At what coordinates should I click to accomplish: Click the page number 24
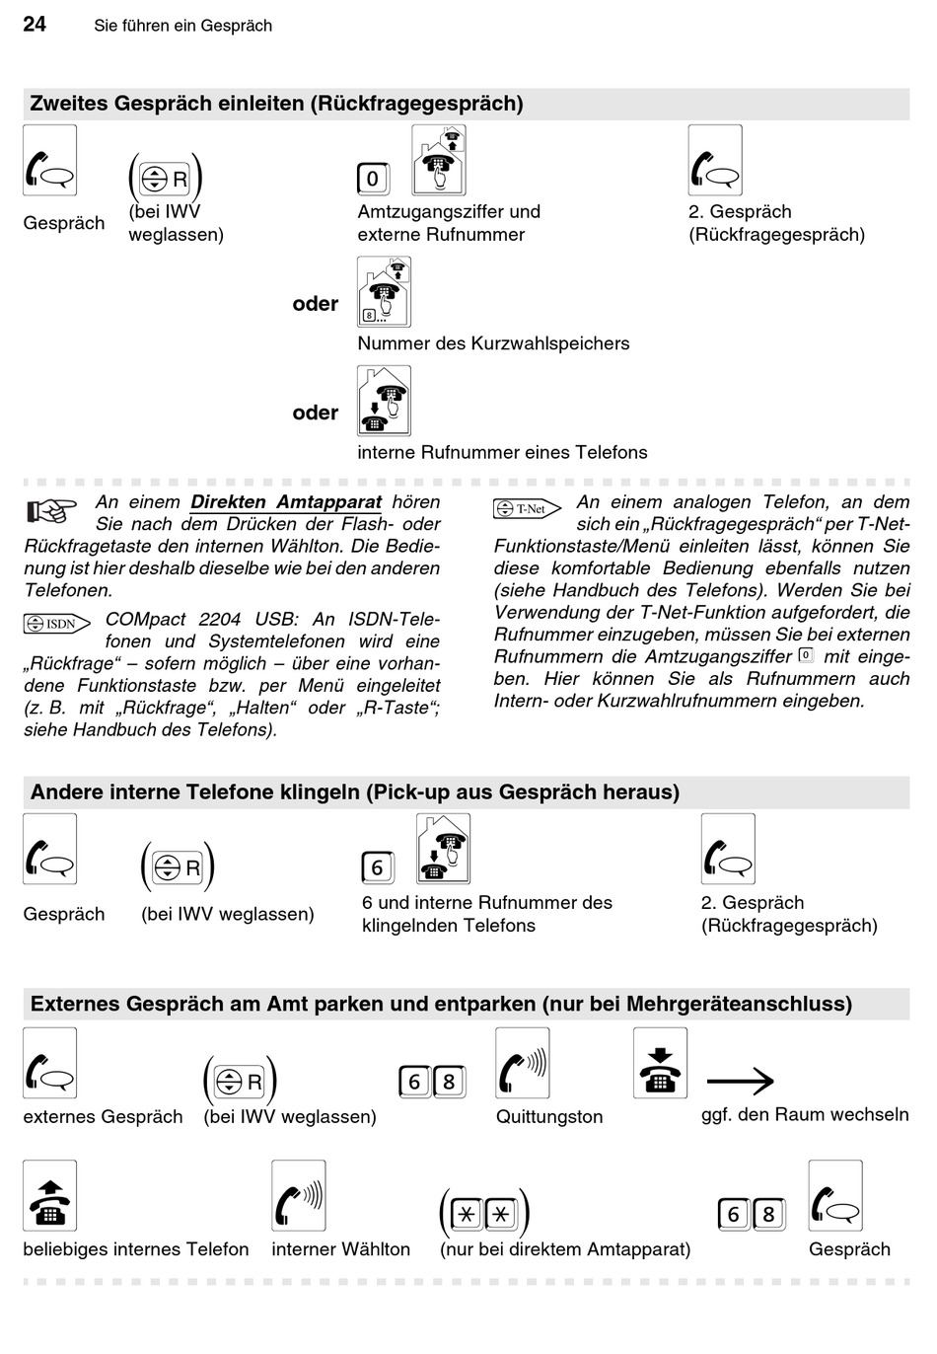coord(35,24)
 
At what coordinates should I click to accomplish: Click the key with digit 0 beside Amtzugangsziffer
coord(373,179)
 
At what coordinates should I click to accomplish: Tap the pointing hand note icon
coord(51,510)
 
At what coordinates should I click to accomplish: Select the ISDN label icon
coord(57,624)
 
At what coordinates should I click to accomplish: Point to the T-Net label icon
coord(528,509)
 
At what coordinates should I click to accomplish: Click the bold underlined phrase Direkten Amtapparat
coord(286,502)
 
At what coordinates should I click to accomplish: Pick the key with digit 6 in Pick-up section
coord(377,867)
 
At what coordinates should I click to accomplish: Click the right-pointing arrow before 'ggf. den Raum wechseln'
coord(740,1082)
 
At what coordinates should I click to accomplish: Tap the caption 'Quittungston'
coord(549,1116)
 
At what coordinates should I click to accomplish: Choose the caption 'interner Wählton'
coord(340,1249)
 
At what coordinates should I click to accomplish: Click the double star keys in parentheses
coord(484,1214)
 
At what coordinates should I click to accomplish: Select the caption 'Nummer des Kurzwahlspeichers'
coord(493,343)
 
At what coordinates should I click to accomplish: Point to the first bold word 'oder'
coord(316,304)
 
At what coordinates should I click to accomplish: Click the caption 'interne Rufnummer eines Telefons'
coord(502,452)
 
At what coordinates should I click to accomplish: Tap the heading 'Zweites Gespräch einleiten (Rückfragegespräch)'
coord(277,104)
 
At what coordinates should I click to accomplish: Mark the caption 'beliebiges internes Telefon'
coord(136,1249)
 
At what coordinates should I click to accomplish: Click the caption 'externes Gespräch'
coord(104,1116)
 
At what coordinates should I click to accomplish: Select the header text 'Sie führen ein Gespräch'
coord(183,26)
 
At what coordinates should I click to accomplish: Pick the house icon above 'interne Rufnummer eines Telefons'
coord(384,401)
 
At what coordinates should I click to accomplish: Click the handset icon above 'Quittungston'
coord(522,1063)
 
